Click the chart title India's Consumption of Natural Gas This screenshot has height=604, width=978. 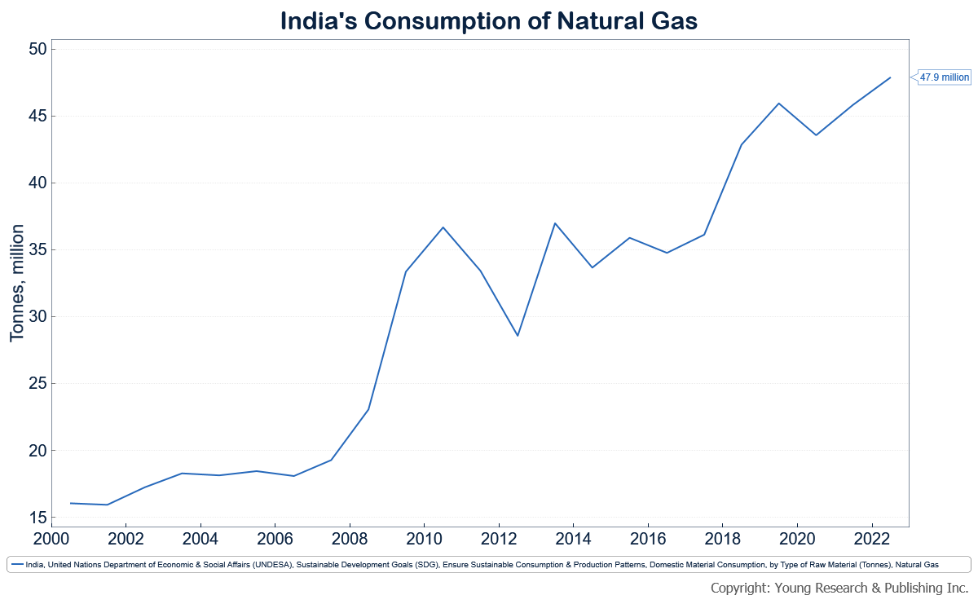click(489, 20)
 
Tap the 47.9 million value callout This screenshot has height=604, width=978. click(945, 77)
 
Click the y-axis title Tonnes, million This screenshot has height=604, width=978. click(18, 283)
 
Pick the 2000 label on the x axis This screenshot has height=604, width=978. click(51, 539)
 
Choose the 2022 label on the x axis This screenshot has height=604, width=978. click(872, 539)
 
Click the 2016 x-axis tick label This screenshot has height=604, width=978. click(648, 539)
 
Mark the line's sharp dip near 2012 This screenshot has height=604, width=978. click(518, 336)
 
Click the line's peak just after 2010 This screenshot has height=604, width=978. click(443, 227)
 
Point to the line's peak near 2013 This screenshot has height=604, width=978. click(555, 223)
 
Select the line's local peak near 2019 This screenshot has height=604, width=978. click(779, 104)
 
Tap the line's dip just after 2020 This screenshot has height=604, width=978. click(816, 135)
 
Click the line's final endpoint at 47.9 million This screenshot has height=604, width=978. click(890, 77)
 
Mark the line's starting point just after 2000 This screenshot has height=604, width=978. click(71, 503)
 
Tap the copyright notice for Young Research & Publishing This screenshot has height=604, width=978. click(839, 588)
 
